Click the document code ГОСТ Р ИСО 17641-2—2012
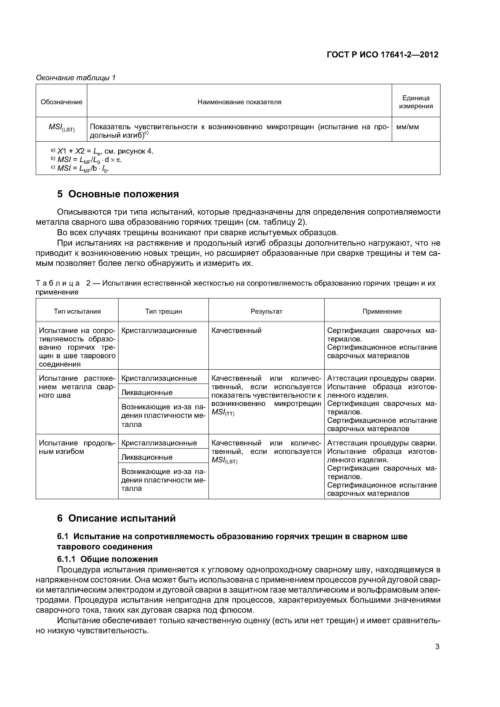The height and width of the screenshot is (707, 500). click(382, 55)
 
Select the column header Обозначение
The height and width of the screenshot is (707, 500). click(62, 102)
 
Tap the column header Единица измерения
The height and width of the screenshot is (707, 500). click(416, 102)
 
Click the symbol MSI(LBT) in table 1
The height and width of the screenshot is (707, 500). click(62, 128)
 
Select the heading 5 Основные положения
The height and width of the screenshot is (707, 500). click(118, 194)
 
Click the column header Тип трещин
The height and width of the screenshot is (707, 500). click(164, 311)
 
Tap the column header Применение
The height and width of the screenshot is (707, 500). click(382, 311)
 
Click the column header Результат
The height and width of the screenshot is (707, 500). click(267, 311)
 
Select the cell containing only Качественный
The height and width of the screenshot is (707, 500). click(237, 331)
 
